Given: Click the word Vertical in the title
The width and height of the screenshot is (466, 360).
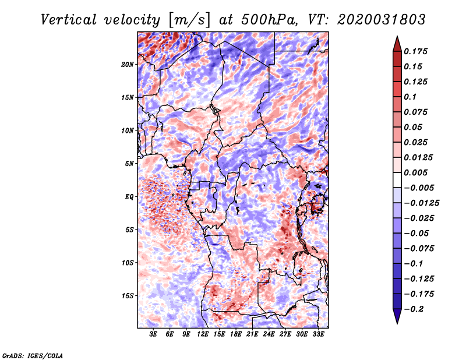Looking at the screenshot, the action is coord(69,20).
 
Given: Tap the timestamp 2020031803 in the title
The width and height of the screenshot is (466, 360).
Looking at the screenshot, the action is coord(382,20).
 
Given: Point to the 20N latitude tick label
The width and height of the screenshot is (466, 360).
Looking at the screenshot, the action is coord(128,65).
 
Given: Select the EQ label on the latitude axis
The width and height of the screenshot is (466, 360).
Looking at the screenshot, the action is coord(129,197).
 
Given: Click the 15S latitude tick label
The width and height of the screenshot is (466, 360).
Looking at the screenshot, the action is coord(128,296).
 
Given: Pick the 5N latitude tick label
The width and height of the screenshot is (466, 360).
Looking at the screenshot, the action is coord(129,164).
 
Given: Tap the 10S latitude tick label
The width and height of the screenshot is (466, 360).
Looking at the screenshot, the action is coord(128,263).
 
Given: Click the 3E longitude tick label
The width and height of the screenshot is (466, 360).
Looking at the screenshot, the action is coord(153,334).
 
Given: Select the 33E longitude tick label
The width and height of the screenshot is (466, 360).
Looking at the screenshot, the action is coord(318,334).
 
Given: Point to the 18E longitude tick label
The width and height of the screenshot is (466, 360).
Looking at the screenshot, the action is coord(236,334).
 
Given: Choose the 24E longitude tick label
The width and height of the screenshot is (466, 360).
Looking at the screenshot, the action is coord(269,334).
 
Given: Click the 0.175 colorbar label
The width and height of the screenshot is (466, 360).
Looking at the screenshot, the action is coord(415,51).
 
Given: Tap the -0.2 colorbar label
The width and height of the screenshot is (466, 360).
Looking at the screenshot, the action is coord(414,309).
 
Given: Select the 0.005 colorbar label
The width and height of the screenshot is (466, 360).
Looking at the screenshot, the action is coord(415,172).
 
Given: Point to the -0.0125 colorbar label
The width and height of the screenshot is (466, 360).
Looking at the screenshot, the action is coord(421,203).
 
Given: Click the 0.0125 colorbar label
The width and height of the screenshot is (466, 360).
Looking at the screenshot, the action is coord(418,157).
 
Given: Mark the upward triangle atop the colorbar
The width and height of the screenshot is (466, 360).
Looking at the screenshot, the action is coord(397,45).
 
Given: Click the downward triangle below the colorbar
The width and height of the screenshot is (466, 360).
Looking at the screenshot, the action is coord(397,316).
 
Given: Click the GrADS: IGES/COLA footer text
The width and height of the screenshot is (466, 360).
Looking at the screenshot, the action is coord(33,356).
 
